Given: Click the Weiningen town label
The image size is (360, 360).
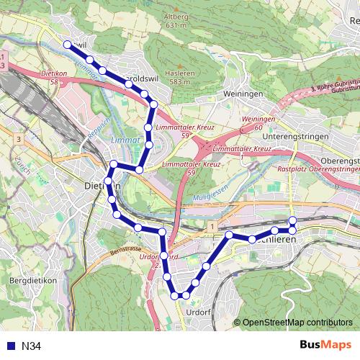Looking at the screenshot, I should [242, 94].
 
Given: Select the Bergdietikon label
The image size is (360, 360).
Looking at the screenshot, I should [33, 280].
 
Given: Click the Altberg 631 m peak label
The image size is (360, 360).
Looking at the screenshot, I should [176, 20].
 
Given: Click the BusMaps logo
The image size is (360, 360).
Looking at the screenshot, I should [325, 345].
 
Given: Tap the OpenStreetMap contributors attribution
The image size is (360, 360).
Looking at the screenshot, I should [297, 322].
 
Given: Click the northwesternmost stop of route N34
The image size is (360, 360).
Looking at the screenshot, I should [68, 44].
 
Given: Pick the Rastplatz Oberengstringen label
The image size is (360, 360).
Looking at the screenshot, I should [316, 169].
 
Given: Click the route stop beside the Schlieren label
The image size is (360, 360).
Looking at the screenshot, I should [274, 230].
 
